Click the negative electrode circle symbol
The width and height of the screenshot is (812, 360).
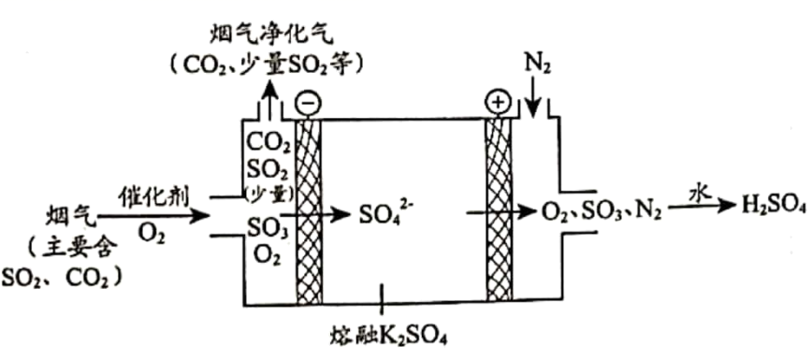[x=306, y=103]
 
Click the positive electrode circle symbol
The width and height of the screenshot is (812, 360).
[x=498, y=103]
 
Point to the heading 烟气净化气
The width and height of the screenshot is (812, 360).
[x=269, y=36]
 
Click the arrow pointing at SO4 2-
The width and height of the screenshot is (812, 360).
[x=316, y=214]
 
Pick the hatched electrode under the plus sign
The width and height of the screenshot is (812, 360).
[x=499, y=209]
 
